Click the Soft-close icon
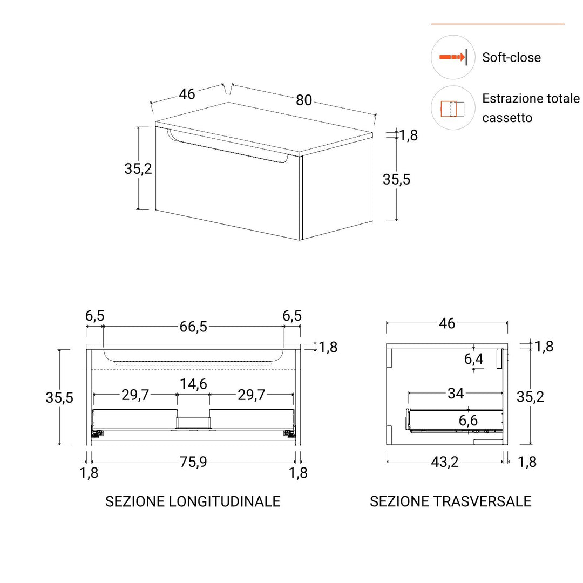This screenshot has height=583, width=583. [452, 57]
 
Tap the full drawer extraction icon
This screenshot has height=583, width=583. [452, 108]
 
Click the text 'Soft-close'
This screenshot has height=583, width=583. [511, 57]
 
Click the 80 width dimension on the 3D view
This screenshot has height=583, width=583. [304, 100]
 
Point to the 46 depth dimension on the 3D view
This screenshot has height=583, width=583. [187, 93]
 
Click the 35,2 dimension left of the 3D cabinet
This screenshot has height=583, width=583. [138, 168]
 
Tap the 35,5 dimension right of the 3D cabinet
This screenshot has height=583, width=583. [396, 179]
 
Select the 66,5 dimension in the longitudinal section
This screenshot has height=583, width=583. [193, 327]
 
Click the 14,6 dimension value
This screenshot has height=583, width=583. [193, 384]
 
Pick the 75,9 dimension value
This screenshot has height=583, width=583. [193, 462]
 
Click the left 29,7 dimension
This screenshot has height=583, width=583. [135, 395]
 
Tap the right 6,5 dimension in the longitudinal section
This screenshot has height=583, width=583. [292, 316]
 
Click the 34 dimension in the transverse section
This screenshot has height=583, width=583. [456, 394]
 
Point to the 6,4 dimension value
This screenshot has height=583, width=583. [473, 359]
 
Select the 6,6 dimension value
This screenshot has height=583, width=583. [468, 420]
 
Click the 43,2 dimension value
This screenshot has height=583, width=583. [445, 462]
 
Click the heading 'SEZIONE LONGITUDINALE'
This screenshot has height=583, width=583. [193, 501]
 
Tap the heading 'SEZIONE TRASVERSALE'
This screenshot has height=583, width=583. [450, 501]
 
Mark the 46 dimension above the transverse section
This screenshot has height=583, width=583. [447, 323]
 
